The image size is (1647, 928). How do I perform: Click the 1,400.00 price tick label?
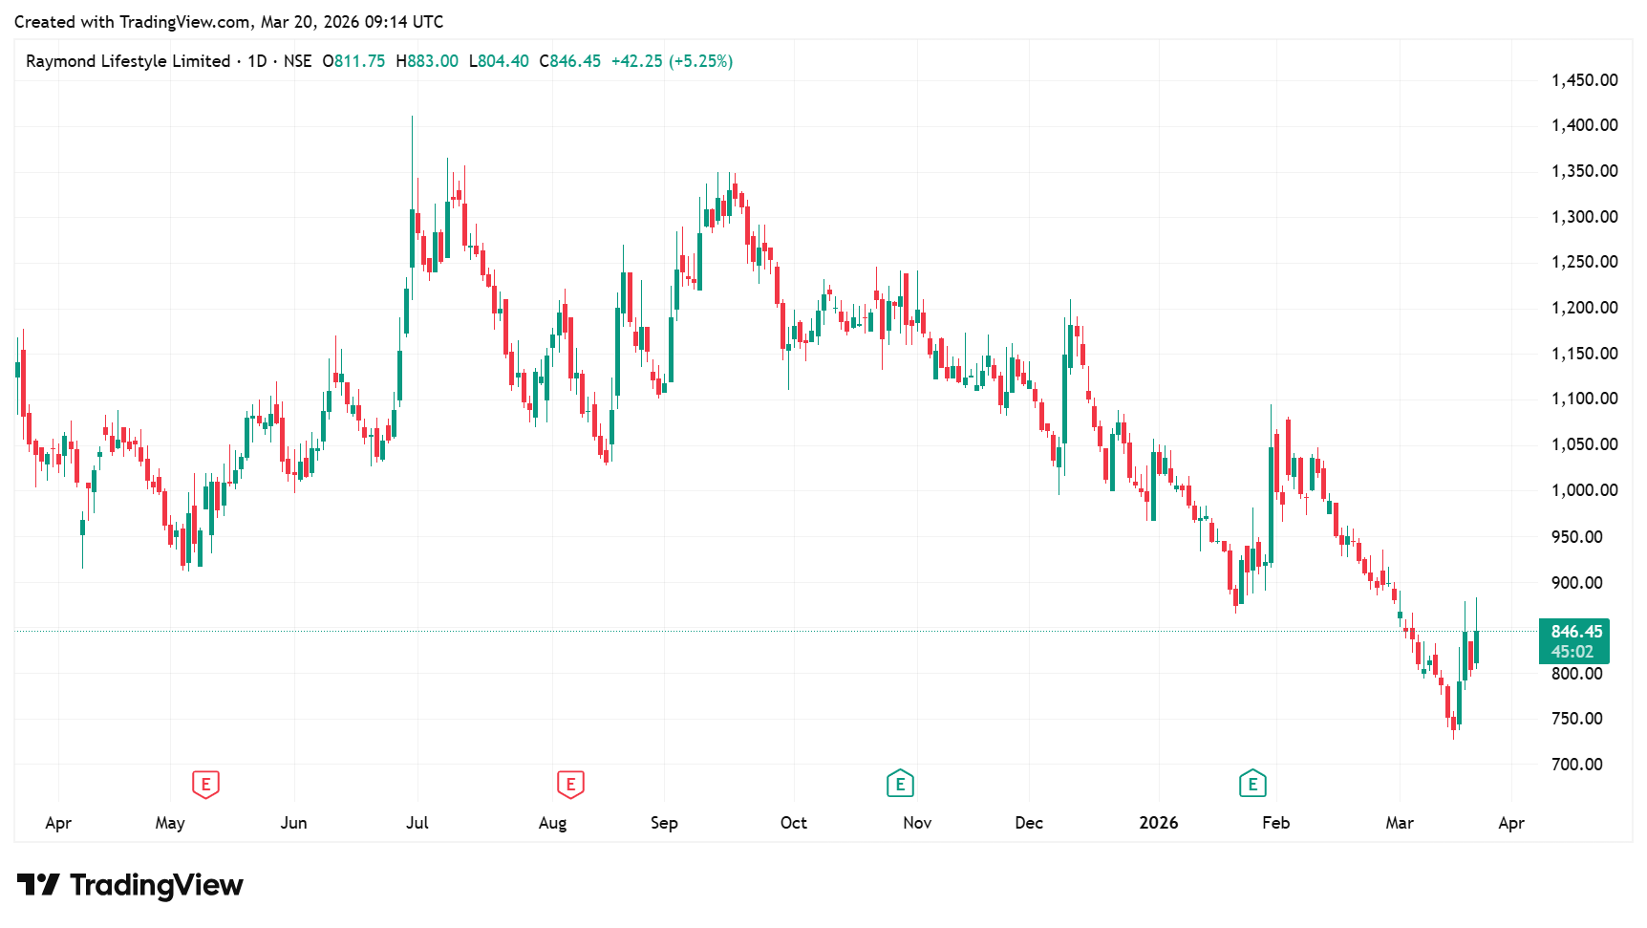[1584, 125]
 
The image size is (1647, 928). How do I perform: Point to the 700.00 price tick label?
[1576, 765]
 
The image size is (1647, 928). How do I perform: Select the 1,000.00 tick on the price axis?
[1584, 490]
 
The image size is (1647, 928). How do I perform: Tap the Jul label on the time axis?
[417, 823]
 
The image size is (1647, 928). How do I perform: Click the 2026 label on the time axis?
[1158, 823]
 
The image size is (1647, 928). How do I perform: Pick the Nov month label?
[917, 823]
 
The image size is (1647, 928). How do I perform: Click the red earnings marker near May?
[205, 785]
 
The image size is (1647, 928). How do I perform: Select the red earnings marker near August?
[570, 785]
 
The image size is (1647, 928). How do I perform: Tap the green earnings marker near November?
[900, 785]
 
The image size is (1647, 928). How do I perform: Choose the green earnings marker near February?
[1252, 785]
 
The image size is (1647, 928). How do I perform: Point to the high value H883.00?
[427, 61]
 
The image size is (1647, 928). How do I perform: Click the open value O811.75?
[353, 61]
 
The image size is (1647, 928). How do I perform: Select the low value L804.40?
[499, 61]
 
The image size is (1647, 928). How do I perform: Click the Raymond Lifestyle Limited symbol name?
[128, 61]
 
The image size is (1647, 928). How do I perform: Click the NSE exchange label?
[297, 61]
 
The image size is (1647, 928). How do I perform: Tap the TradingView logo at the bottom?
[130, 885]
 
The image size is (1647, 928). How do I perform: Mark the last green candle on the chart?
[1476, 647]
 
